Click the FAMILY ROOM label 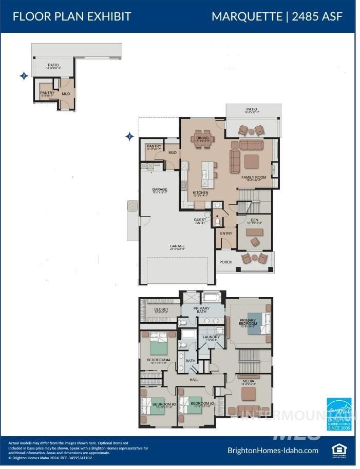[x=255, y=178]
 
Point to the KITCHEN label [x=200, y=193]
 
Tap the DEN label [x=254, y=220]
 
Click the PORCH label [x=226, y=262]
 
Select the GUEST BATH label [x=200, y=221]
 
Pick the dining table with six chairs [x=202, y=139]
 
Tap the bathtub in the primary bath [x=211, y=297]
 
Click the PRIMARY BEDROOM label [x=248, y=322]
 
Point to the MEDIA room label [x=249, y=381]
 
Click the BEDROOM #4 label [x=159, y=360]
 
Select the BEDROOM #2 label [x=202, y=403]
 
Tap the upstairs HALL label [x=194, y=380]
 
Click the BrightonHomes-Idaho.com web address [x=273, y=451]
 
